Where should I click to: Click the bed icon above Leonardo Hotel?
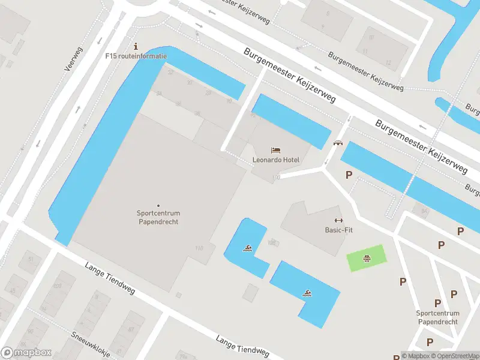pos(275,149)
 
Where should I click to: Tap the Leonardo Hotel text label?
pos(275,160)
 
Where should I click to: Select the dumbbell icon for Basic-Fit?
pos(337,220)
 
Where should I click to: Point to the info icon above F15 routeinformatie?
pos(136,46)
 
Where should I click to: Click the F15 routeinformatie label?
pos(136,56)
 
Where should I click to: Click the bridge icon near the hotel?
pos(338,143)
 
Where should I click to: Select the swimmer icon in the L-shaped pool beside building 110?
pos(247,248)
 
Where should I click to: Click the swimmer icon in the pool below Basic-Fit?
pos(307,293)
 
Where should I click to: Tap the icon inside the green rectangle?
pos(366,259)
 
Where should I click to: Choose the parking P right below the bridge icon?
pos(349,175)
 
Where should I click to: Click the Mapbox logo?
pos(26,353)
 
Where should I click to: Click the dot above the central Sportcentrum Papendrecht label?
pos(158,206)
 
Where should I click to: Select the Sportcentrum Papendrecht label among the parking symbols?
pos(438,317)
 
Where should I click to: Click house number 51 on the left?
pos(31,259)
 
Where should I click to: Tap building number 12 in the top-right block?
pos(389,62)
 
